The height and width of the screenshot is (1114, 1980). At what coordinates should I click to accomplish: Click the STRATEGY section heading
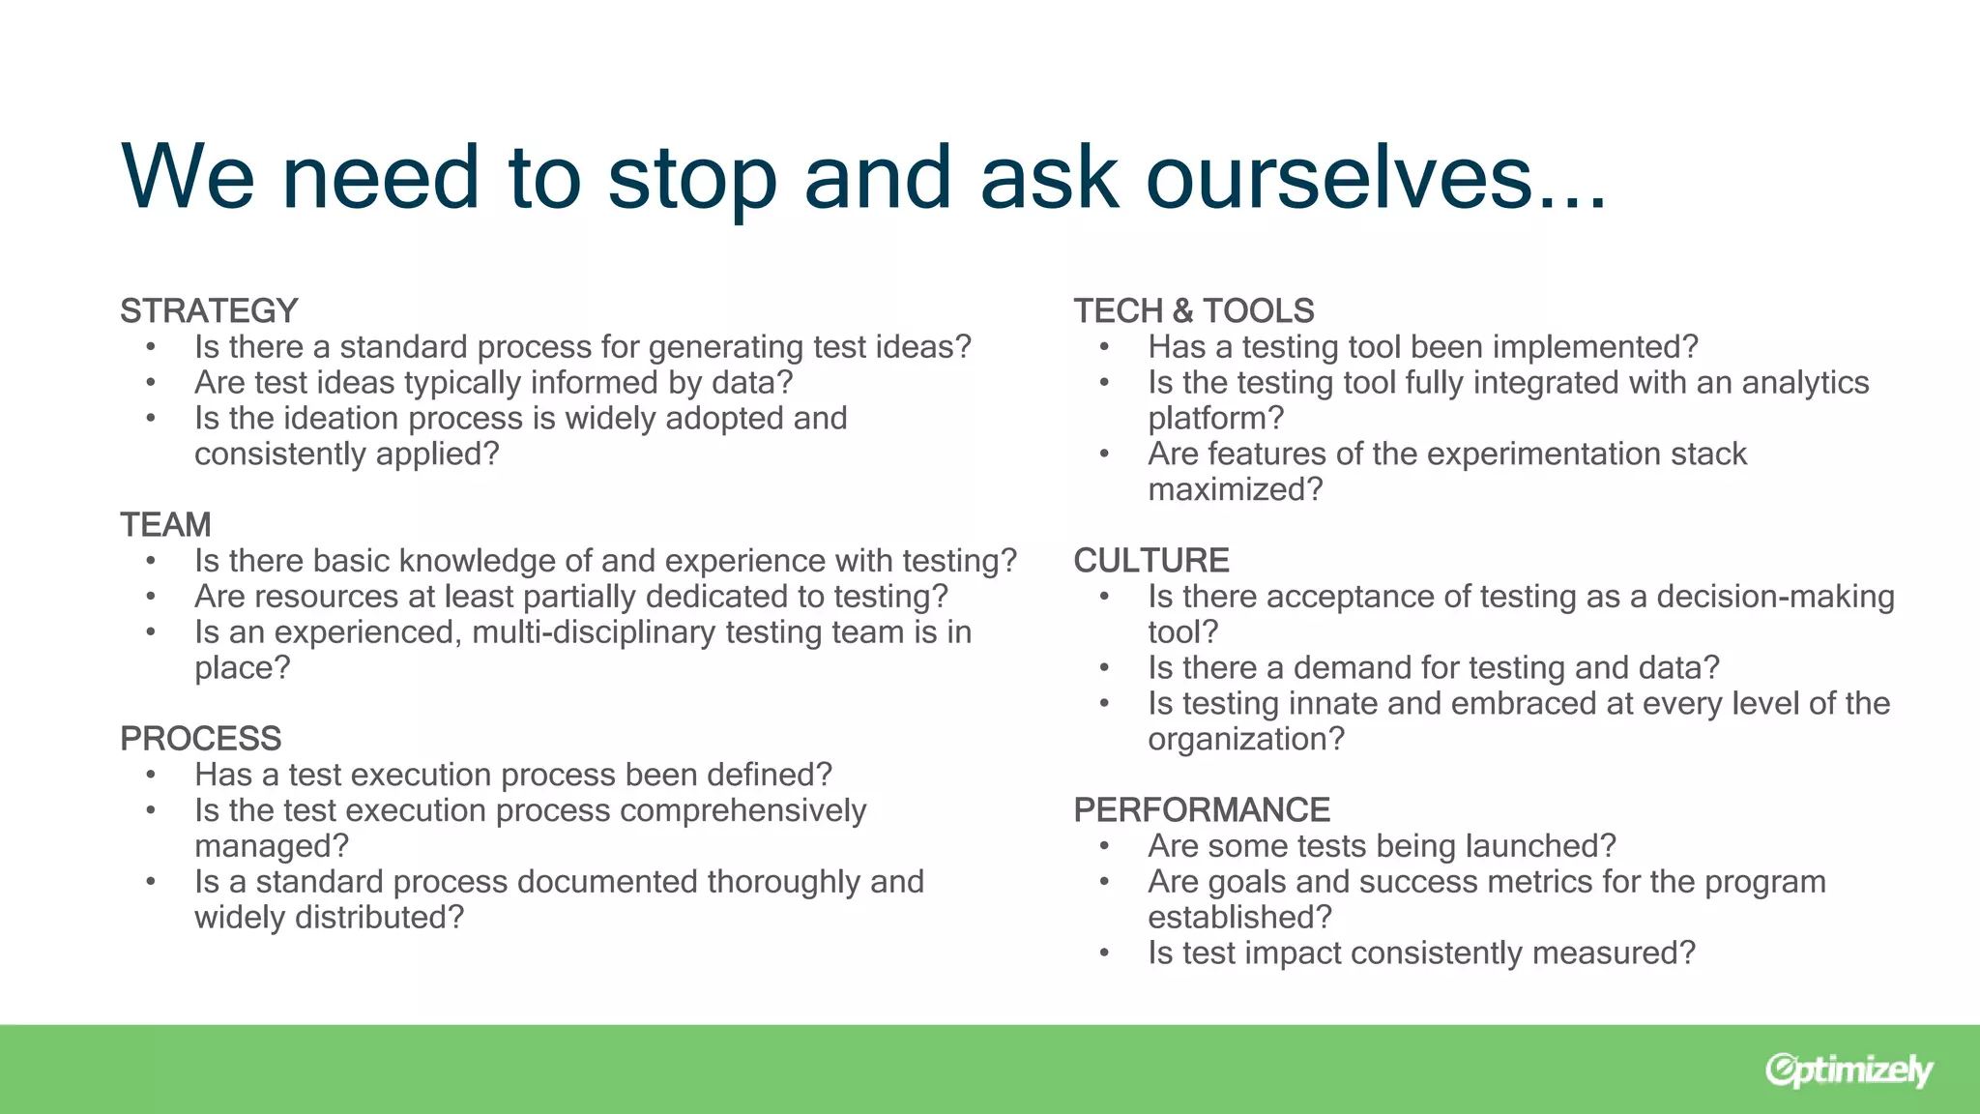pyautogui.click(x=209, y=311)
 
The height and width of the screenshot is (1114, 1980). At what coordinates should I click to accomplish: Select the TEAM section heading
pyautogui.click(x=165, y=525)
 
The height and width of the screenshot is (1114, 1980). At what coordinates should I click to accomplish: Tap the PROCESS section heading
pyautogui.click(x=200, y=739)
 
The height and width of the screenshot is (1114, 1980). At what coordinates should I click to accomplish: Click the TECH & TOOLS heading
pyautogui.click(x=1193, y=311)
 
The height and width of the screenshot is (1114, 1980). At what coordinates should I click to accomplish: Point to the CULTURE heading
pyautogui.click(x=1150, y=561)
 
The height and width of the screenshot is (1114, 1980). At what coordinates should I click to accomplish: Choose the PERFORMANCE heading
pyautogui.click(x=1202, y=810)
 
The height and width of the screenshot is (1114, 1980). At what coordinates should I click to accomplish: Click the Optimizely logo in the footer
pyautogui.click(x=1848, y=1070)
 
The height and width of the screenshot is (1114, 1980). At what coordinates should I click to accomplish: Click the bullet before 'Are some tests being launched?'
pyautogui.click(x=1104, y=846)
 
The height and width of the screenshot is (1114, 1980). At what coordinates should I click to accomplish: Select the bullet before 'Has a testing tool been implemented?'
pyautogui.click(x=1104, y=347)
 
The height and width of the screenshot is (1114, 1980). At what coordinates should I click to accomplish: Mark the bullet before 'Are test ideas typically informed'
pyautogui.click(x=151, y=383)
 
